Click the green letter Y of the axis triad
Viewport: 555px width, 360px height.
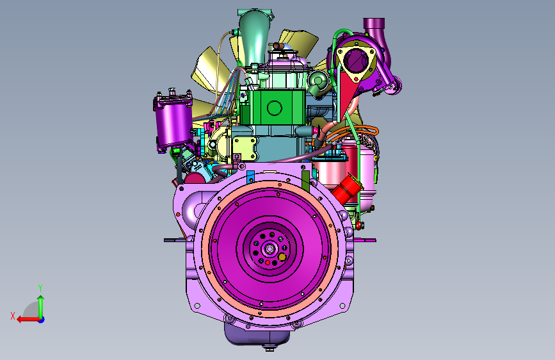(40, 288)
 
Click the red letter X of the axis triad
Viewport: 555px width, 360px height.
(13, 316)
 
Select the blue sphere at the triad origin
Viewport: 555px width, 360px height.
(42, 320)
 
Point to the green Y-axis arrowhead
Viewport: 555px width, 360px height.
(41, 299)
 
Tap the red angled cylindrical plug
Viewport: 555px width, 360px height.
(347, 189)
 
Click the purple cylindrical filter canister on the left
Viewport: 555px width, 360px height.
(173, 122)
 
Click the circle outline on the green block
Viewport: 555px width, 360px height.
(275, 108)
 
